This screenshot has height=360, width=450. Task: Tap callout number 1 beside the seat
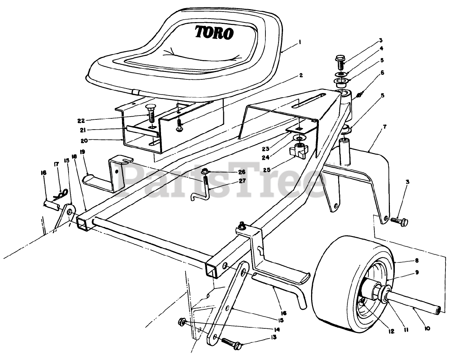299,42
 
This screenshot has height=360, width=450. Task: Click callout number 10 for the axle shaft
427,328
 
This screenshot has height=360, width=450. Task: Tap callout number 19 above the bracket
83,152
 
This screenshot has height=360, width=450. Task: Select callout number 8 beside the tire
417,261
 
